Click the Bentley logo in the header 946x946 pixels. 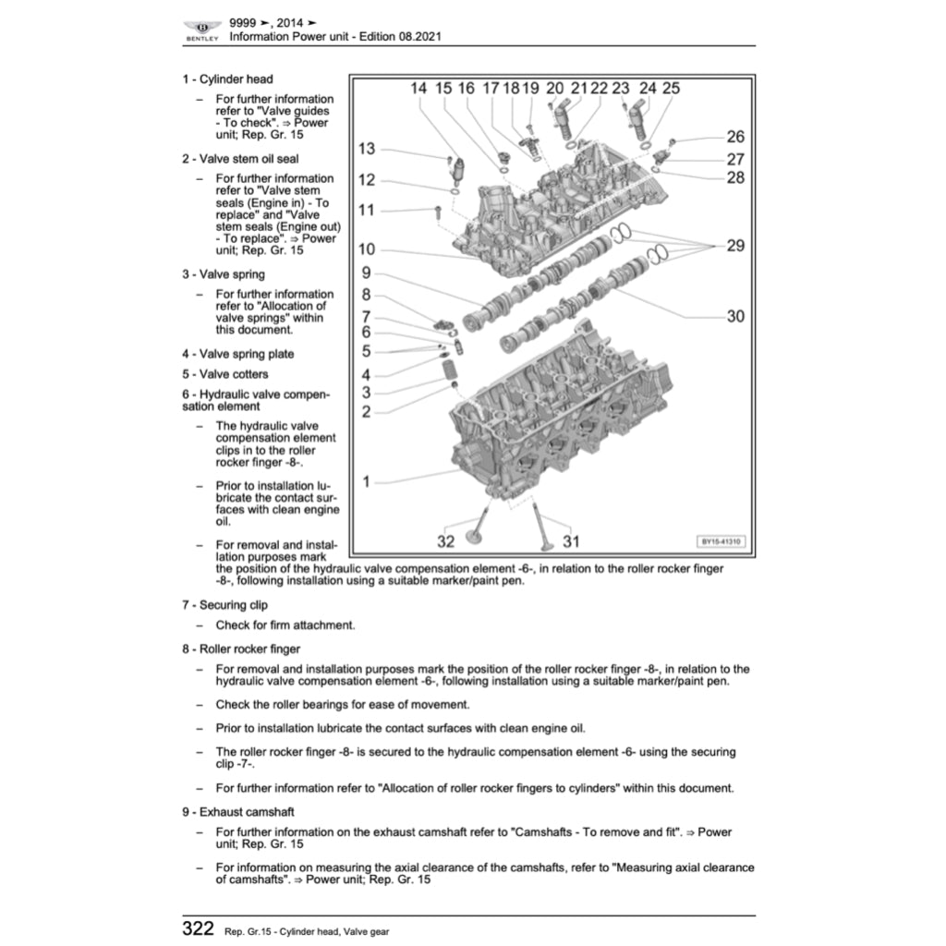pyautogui.click(x=202, y=30)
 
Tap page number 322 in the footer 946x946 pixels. pyautogui.click(x=199, y=928)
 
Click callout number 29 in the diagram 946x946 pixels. pyautogui.click(x=734, y=246)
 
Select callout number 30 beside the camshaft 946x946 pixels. pyautogui.click(x=734, y=316)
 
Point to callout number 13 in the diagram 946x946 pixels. pyautogui.click(x=367, y=149)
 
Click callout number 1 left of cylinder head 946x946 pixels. pyautogui.click(x=366, y=481)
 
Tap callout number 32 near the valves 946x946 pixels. pyautogui.click(x=446, y=541)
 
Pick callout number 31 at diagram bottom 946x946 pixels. pyautogui.click(x=571, y=541)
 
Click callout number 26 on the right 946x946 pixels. pyautogui.click(x=734, y=137)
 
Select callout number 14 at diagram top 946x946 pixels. pyautogui.click(x=418, y=89)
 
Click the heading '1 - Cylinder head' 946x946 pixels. pyautogui.click(x=227, y=79)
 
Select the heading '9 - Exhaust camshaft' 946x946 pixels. pyautogui.click(x=238, y=812)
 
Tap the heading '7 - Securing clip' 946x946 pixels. pyautogui.click(x=224, y=605)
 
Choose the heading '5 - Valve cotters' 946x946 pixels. pyautogui.click(x=225, y=374)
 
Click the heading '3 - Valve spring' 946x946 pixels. pyautogui.click(x=224, y=274)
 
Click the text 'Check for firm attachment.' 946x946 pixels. pyautogui.click(x=285, y=625)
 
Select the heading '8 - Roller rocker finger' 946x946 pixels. pyautogui.click(x=241, y=649)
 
